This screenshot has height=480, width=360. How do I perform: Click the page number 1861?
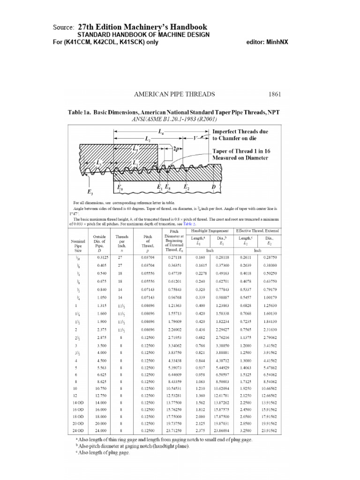[x=274, y=94]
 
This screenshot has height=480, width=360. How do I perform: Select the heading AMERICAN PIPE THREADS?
[x=174, y=94]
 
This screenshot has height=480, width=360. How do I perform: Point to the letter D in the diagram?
[x=214, y=187]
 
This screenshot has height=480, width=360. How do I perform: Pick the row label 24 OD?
[x=78, y=430]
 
